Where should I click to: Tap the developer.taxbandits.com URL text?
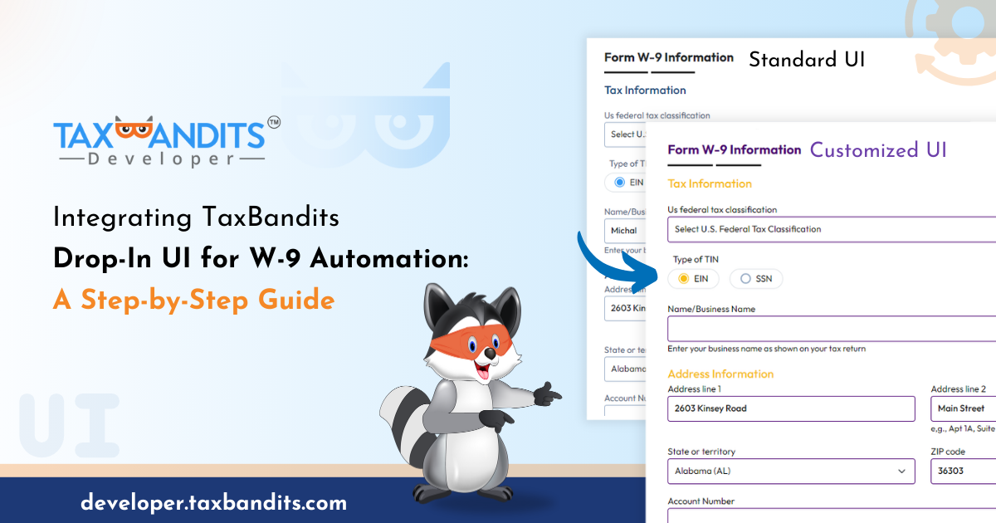coord(213,502)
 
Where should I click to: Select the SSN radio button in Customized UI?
coord(756,279)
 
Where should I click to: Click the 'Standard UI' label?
coord(807,60)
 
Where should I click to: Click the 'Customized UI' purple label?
coord(878,150)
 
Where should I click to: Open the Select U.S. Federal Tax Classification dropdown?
coord(830,229)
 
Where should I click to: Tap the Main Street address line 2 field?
coord(963,408)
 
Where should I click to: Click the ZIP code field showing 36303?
coord(963,471)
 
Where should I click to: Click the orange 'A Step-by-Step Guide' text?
coord(193,300)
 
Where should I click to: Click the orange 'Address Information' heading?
coord(720,374)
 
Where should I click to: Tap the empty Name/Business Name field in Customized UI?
coord(830,329)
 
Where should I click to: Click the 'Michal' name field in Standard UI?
coord(625,231)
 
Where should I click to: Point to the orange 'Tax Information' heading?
coord(710,183)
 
